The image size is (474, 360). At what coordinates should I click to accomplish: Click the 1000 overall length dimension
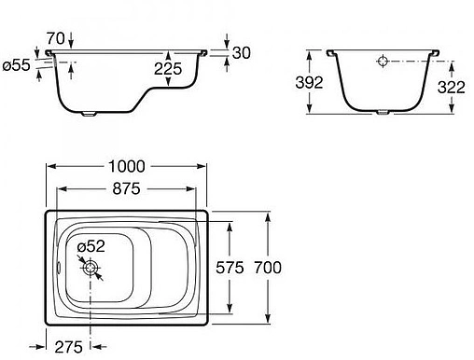pos(127,166)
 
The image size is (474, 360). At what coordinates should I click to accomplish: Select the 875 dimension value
pos(126,188)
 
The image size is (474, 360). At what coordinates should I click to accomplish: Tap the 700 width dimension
pos(268,268)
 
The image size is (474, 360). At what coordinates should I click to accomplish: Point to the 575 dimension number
pos(230,268)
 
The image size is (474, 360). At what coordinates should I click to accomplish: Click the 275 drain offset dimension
pos(69,347)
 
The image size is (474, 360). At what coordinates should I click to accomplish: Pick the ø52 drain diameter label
pos(91,246)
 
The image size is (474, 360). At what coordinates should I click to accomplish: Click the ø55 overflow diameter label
pos(17,65)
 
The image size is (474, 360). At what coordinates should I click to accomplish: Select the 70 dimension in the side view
pos(56,38)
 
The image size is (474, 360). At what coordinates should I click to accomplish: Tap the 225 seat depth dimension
pos(168,69)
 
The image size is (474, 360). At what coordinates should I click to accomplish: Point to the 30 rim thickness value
pos(242,53)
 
